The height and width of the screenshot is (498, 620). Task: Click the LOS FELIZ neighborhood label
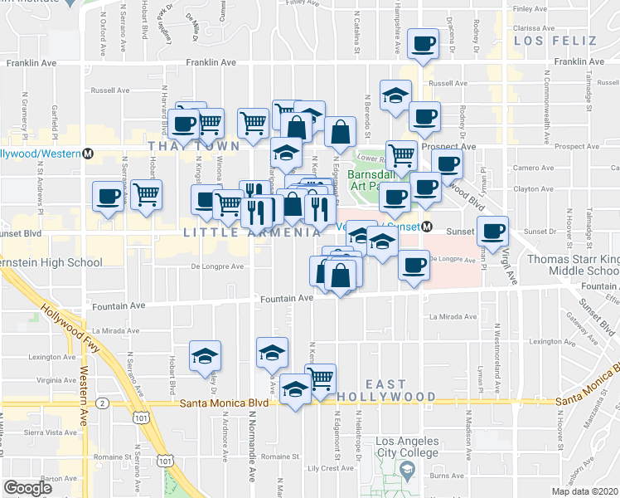point(555,39)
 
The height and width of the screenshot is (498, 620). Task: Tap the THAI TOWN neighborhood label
point(193,145)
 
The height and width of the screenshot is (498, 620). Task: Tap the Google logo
point(27,488)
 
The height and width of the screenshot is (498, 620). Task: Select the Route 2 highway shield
point(101,403)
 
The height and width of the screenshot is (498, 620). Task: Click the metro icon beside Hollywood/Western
point(88,154)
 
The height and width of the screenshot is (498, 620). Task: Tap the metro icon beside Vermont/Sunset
point(427,227)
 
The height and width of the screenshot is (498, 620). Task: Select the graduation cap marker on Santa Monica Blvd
point(295,388)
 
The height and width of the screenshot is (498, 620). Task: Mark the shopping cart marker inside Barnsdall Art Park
point(401,153)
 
